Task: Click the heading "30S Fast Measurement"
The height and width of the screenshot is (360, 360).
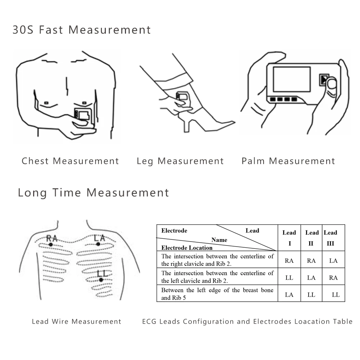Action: (82, 30)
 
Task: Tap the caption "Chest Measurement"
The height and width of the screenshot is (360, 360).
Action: (70, 161)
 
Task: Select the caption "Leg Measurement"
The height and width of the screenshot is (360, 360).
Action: (180, 161)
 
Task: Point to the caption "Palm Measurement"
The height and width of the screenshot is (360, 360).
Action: (288, 161)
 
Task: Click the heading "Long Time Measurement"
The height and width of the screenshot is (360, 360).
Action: (93, 193)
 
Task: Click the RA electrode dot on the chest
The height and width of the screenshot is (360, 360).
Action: (51, 244)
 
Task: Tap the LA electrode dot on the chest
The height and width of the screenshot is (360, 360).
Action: (98, 244)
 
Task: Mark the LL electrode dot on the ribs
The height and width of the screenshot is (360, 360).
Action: (101, 280)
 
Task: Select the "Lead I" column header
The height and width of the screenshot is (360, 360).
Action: (289, 238)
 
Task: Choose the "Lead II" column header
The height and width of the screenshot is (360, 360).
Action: (312, 238)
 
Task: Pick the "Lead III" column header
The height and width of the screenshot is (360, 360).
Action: (330, 238)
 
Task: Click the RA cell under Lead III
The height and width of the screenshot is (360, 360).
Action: (333, 278)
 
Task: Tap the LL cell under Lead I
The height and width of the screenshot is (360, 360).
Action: (289, 278)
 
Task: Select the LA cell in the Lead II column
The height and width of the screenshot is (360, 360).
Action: (311, 278)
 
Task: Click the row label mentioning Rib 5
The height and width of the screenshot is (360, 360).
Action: (217, 294)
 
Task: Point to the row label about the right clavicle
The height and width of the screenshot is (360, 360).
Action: (217, 260)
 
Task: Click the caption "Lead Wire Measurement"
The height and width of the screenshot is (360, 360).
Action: (77, 321)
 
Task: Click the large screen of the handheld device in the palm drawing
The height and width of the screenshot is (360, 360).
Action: (291, 79)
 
